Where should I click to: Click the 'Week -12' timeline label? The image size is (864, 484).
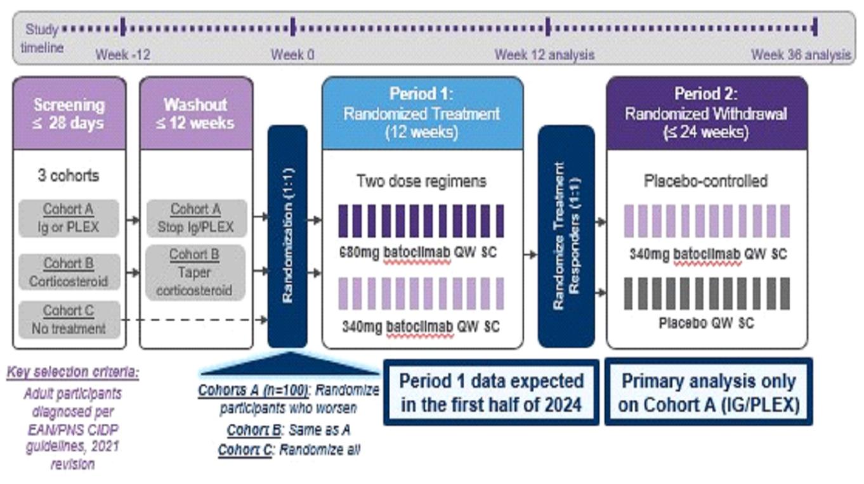pos(122,54)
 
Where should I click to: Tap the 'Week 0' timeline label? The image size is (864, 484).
pos(292,54)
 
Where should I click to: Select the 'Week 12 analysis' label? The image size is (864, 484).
pos(544,54)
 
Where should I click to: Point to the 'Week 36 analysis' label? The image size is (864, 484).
pos(801,54)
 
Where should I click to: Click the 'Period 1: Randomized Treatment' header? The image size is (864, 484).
pos(422,113)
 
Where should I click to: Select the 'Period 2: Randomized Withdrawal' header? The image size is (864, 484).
pos(706,113)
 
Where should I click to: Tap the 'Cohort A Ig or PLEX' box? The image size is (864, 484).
pos(69,217)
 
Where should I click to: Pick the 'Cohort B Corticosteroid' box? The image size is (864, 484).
pos(69,271)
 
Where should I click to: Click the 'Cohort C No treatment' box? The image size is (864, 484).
pos(69,319)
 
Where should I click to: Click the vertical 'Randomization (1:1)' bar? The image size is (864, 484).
pos(287,236)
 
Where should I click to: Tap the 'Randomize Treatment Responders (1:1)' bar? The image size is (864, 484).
pos(566,236)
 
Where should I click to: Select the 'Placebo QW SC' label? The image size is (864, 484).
pos(706,323)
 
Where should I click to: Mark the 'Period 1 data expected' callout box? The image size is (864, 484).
pos(491,392)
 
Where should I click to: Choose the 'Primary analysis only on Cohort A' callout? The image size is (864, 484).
pos(708,392)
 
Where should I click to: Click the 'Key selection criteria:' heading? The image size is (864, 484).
pos(73,372)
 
